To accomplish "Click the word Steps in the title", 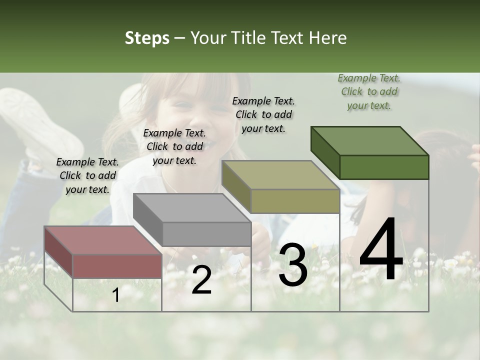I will (x=147, y=38).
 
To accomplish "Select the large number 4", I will (x=381, y=250).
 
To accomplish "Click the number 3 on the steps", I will (x=293, y=265).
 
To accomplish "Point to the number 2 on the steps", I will (x=201, y=280).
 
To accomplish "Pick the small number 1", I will (x=116, y=295).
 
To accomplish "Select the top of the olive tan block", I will (x=280, y=175).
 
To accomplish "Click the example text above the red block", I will (x=87, y=175).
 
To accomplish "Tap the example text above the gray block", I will (x=174, y=146).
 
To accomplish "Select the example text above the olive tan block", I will (x=263, y=114).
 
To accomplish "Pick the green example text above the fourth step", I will (x=369, y=91).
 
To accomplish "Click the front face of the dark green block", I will (x=384, y=167).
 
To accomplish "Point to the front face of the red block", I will (x=117, y=266).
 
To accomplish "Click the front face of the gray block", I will (x=206, y=234).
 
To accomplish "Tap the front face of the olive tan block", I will (x=295, y=201).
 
